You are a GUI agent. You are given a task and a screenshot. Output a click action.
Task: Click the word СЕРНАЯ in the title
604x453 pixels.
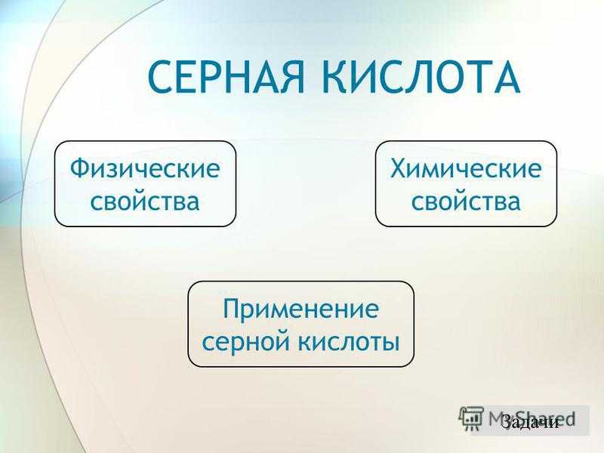point(226,77)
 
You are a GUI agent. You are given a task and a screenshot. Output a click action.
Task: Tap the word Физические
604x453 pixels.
point(145,168)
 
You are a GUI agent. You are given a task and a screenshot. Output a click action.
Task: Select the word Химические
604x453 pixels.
point(466,168)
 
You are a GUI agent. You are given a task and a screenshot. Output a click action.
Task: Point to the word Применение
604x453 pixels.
point(300,309)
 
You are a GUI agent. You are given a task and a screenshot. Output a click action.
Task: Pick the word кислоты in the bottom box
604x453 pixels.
point(350,341)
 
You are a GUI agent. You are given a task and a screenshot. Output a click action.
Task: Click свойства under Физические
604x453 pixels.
point(145,201)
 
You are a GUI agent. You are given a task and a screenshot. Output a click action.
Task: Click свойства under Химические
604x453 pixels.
point(466,201)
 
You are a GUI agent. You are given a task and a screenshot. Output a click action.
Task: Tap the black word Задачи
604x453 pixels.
point(531,422)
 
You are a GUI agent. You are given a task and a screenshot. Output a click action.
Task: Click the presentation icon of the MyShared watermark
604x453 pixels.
point(470,418)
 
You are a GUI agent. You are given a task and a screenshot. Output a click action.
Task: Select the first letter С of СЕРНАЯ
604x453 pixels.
point(159,77)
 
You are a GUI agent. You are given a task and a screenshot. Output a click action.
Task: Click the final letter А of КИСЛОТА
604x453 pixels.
point(504,77)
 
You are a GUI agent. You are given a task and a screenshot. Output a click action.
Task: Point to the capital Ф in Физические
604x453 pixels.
point(80,168)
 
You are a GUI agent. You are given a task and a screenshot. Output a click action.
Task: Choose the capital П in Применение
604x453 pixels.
point(233,309)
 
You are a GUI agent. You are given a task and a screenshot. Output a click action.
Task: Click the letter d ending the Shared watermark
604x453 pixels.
point(569,418)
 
